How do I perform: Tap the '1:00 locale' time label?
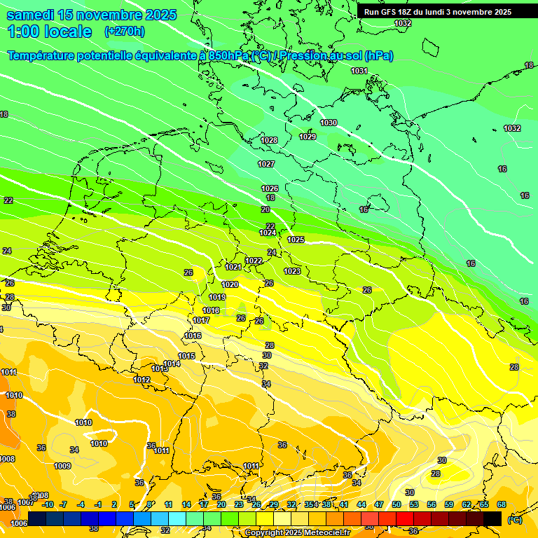[50, 32]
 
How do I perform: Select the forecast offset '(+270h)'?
[124, 32]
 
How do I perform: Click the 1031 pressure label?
[359, 71]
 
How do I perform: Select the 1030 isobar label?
[329, 123]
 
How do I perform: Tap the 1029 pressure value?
[308, 137]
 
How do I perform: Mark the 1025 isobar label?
[296, 240]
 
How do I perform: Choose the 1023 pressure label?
[292, 271]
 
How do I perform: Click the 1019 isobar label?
[217, 297]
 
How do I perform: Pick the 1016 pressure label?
[193, 336]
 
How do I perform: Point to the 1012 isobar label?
[142, 380]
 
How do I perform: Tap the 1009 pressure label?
[62, 466]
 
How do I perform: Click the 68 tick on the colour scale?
[502, 504]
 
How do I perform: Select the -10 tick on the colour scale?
[48, 504]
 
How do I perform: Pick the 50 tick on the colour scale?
[396, 504]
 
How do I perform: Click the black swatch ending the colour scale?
[492, 518]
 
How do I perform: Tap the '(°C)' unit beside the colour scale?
[514, 519]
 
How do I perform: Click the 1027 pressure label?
[266, 164]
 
